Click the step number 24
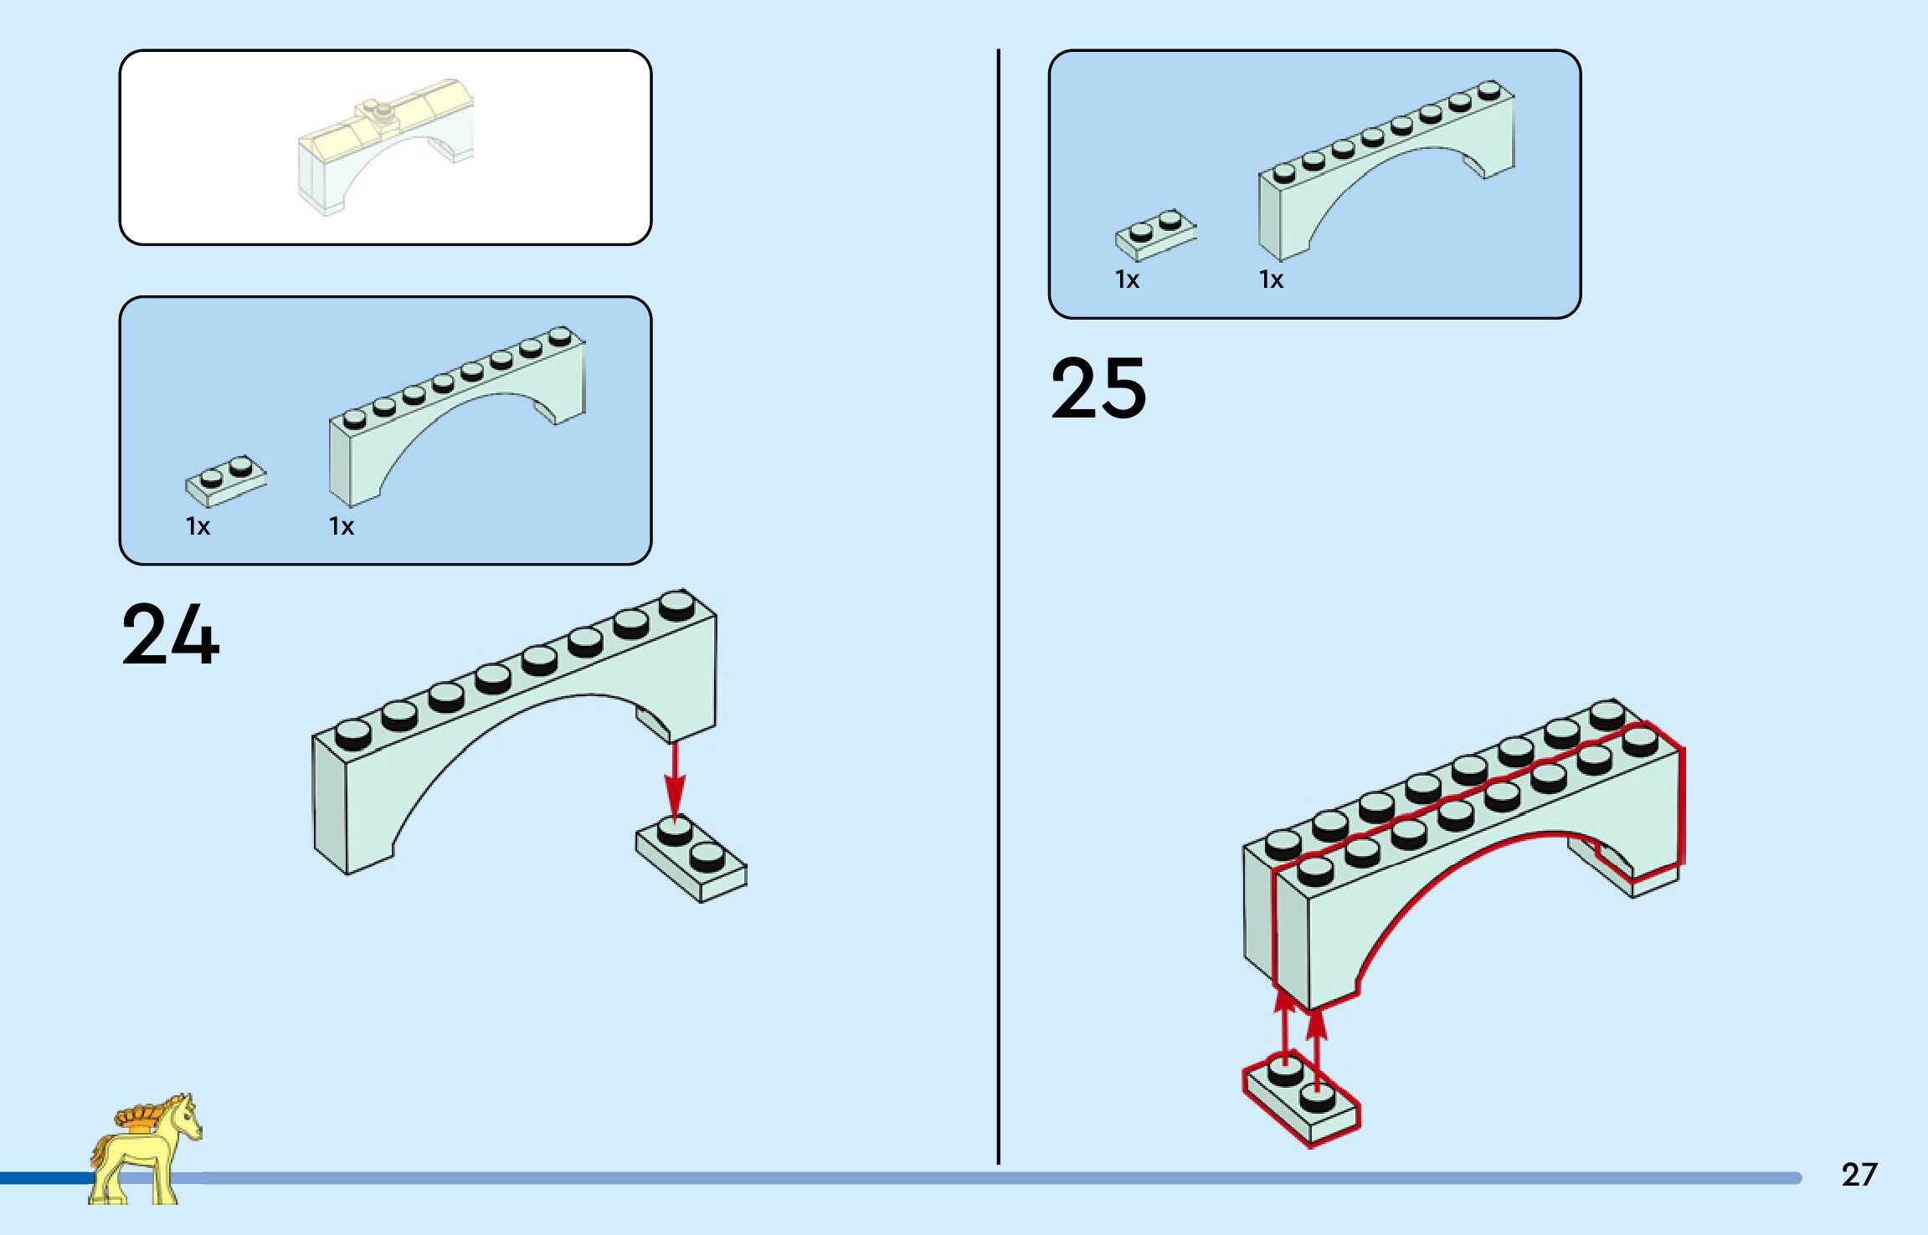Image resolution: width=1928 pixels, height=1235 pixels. point(171,635)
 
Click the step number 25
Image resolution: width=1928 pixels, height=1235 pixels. point(1098,388)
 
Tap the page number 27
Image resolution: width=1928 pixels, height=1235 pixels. point(1859,1175)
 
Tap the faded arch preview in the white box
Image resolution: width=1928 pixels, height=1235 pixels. point(385,146)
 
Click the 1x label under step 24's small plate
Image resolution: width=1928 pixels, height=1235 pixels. point(198,526)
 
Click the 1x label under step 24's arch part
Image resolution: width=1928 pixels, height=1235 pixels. point(342,526)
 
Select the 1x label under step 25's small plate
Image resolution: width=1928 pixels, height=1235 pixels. point(1127,279)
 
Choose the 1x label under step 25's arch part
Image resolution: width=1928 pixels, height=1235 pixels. point(1271,279)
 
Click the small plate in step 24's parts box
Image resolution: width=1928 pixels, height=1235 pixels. point(226,480)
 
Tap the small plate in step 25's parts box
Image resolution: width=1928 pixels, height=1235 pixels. point(1155,234)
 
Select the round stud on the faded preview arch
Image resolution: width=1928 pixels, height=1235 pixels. point(383,109)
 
